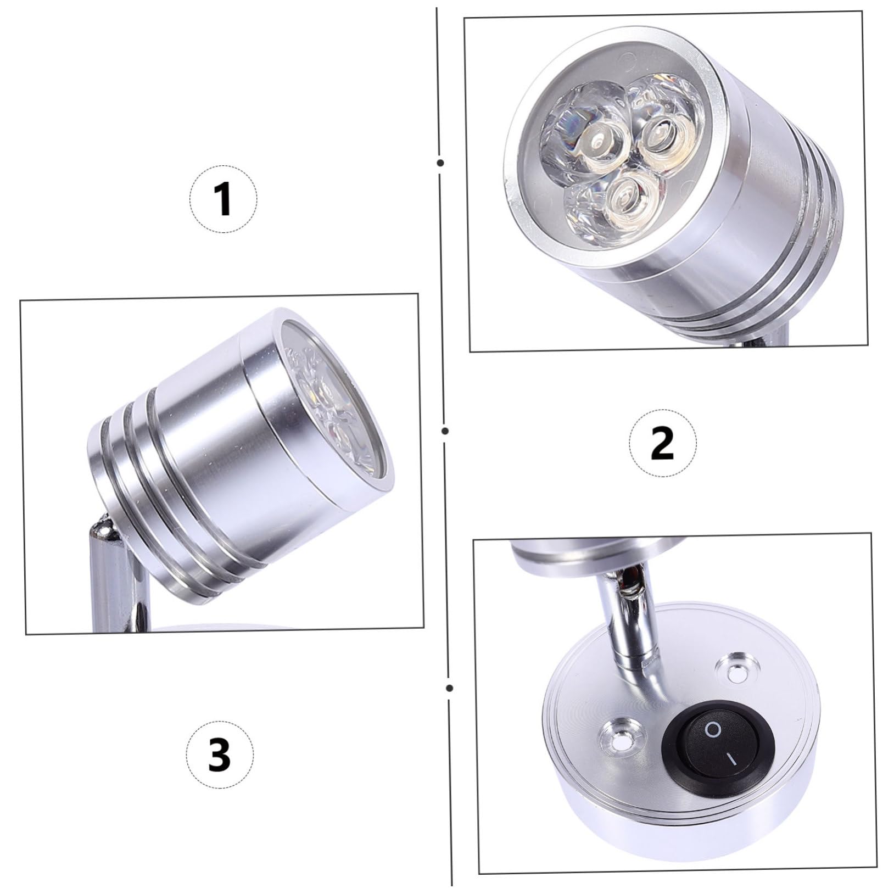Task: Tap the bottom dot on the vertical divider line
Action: tap(450, 688)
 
